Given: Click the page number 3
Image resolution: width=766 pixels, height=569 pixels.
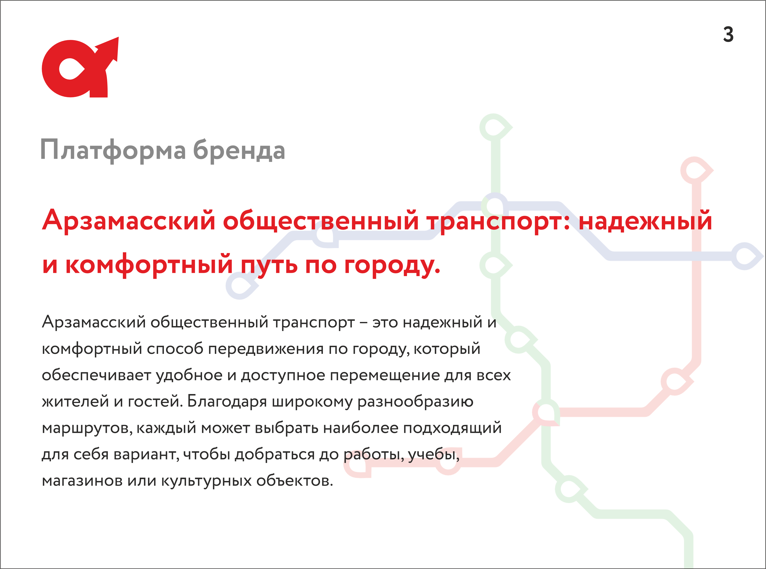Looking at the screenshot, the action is pyautogui.click(x=728, y=35).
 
